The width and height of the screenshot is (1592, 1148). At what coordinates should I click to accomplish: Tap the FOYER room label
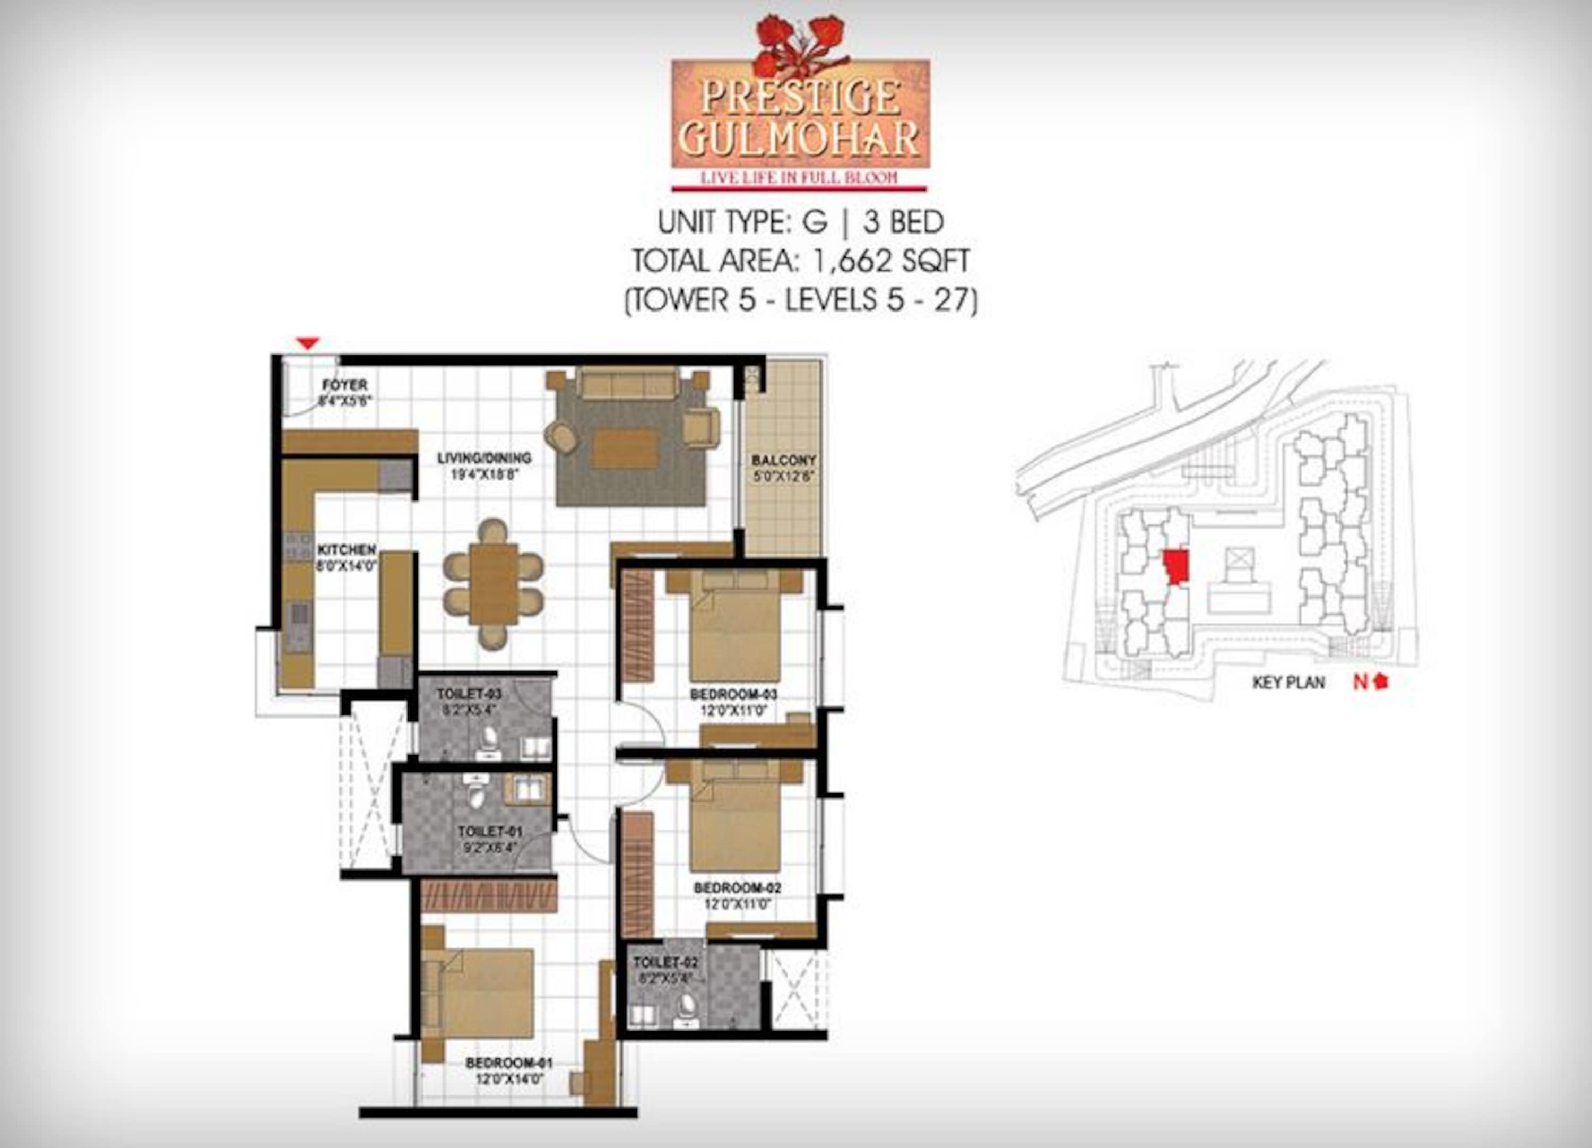click(344, 385)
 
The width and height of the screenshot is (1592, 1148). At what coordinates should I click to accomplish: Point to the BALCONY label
click(783, 461)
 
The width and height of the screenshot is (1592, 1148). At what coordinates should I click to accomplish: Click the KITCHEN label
click(346, 549)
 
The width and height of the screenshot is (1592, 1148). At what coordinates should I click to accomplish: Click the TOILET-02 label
click(665, 962)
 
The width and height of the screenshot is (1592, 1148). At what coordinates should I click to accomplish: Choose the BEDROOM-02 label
click(737, 887)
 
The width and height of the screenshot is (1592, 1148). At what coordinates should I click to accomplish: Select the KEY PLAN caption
click(1289, 682)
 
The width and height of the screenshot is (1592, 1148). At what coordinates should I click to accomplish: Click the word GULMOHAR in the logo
click(800, 139)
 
